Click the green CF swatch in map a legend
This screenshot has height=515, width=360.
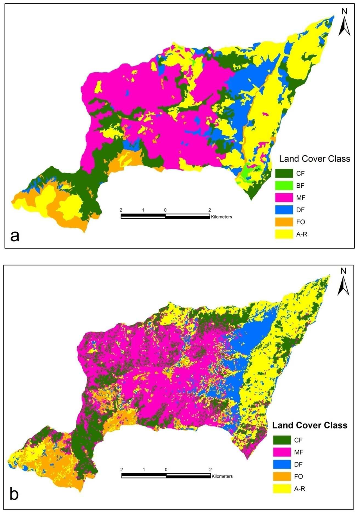[x=284, y=173]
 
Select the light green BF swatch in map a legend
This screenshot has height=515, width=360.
[x=284, y=185]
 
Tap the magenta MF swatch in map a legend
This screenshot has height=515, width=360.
[x=284, y=198]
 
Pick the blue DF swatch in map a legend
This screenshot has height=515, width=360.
[x=284, y=210]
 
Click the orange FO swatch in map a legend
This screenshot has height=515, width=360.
[x=284, y=222]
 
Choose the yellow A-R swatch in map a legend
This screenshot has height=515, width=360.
[x=284, y=234]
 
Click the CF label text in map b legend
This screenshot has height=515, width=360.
[x=298, y=440]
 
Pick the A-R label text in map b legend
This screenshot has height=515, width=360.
[x=300, y=489]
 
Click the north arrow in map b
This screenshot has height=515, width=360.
[x=343, y=282]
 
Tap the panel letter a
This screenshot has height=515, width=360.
[x=15, y=236]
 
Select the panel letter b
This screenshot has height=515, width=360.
[x=14, y=494]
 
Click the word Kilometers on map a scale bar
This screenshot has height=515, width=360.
[x=221, y=217]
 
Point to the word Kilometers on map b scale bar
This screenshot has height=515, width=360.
[x=222, y=476]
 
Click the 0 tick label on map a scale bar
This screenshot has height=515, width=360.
[x=165, y=210]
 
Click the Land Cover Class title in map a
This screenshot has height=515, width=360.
[x=315, y=159]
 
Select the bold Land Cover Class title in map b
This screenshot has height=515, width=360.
[x=310, y=425]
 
